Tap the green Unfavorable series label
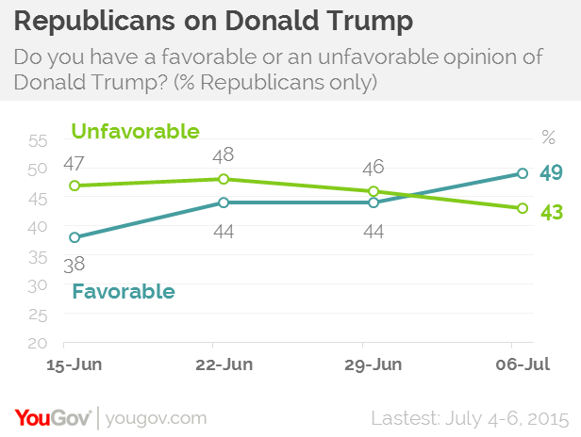tap(135, 131)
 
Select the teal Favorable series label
tap(124, 291)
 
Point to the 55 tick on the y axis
tap(39, 141)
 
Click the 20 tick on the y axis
tap(39, 344)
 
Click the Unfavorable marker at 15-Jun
tap(75, 186)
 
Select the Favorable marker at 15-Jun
tap(75, 237)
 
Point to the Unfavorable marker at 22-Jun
tap(224, 179)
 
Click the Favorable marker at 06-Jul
tap(523, 173)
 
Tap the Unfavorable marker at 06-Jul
tap(523, 208)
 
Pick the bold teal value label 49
tap(552, 172)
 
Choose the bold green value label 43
tap(552, 213)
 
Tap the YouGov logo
tap(52, 416)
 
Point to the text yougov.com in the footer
tap(155, 417)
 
